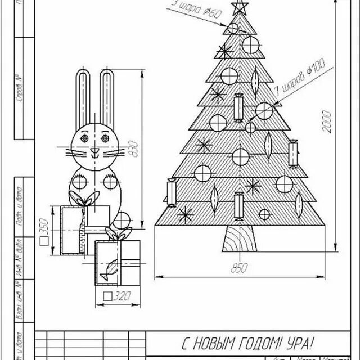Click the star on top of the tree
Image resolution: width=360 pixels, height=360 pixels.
click(240, 7)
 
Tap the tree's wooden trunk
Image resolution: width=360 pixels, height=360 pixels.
click(240, 240)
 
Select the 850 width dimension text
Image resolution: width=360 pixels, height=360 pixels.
click(240, 269)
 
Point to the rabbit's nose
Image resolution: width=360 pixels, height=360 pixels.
click(94, 151)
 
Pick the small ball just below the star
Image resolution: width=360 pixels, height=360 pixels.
click(233, 28)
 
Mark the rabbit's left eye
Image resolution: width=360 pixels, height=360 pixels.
click(84, 137)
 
